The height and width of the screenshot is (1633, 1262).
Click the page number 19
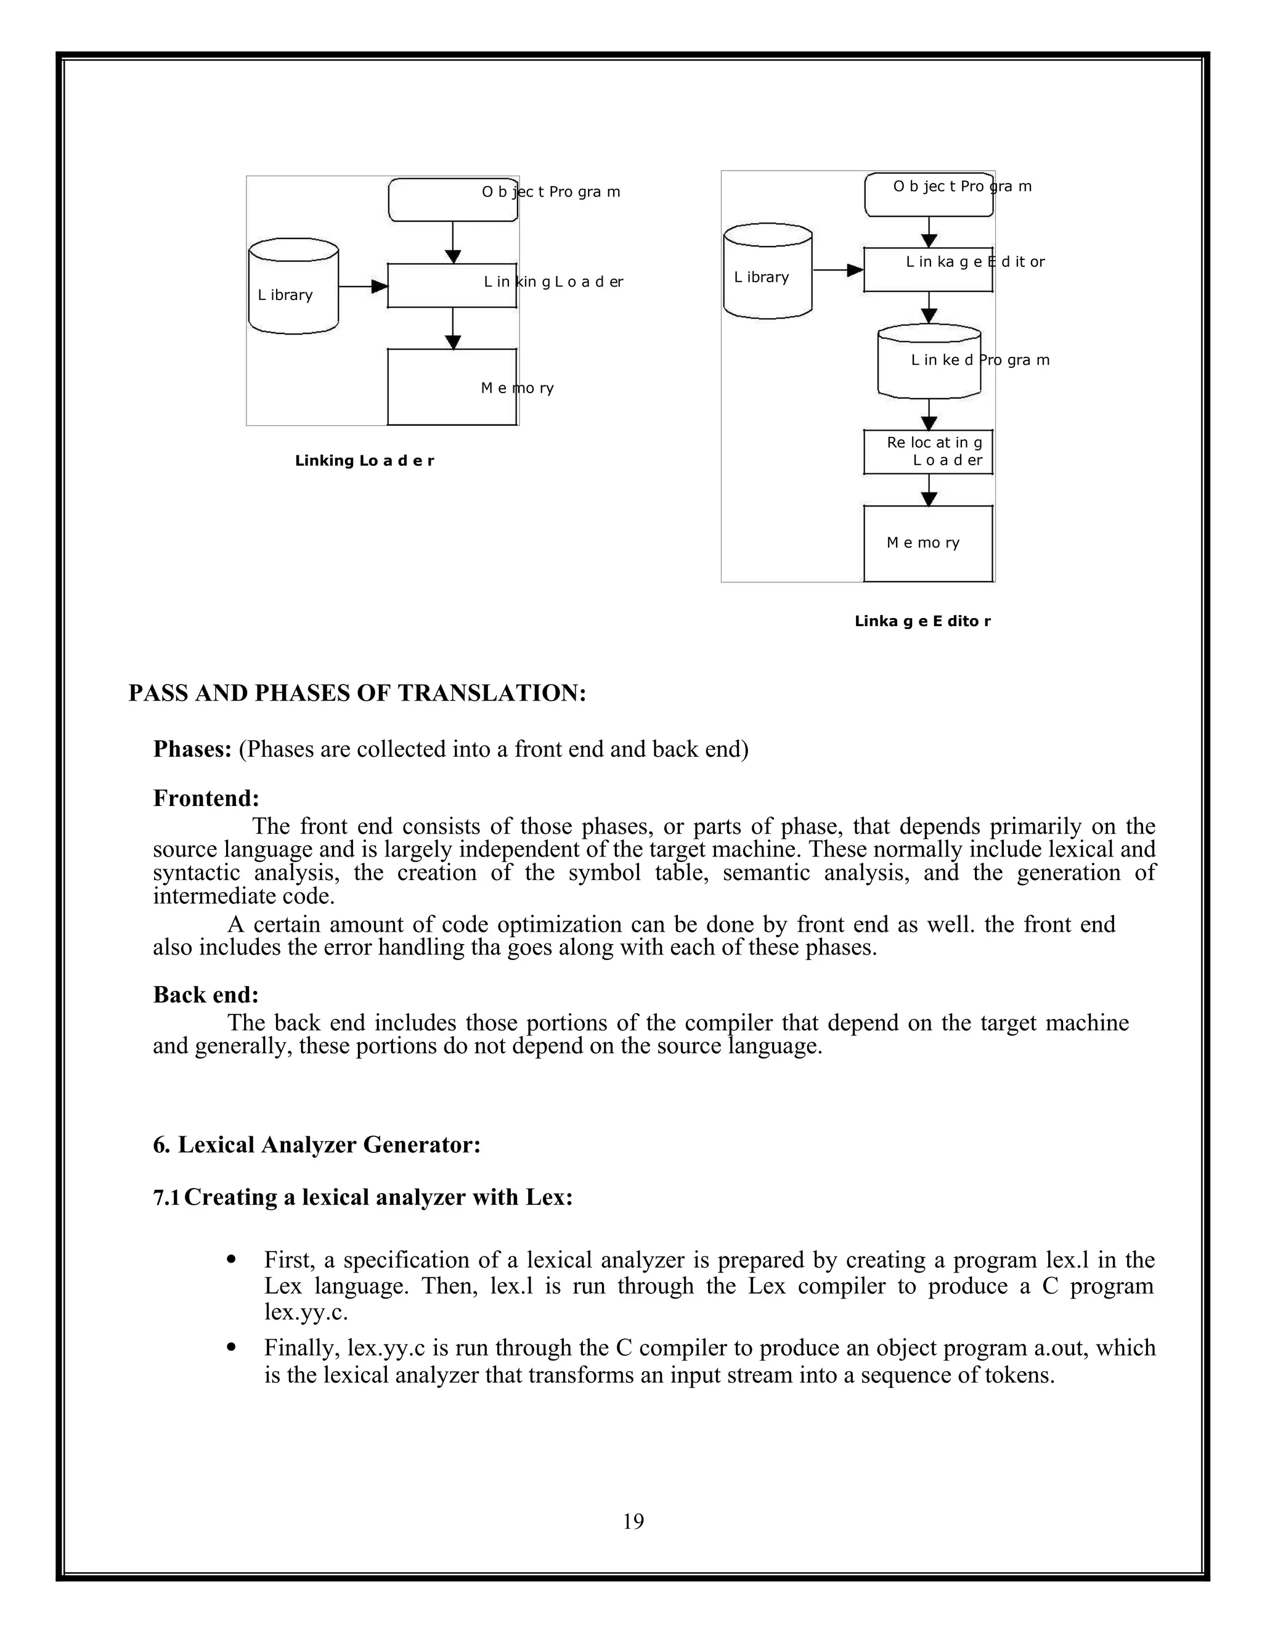point(632,1521)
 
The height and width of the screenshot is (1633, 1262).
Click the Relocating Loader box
point(928,452)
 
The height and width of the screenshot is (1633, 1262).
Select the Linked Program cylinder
point(929,361)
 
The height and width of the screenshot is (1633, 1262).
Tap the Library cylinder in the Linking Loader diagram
point(293,287)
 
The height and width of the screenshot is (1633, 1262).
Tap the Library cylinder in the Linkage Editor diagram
point(768,271)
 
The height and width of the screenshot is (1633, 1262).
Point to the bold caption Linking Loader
point(364,460)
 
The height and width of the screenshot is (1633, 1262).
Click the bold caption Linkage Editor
point(922,621)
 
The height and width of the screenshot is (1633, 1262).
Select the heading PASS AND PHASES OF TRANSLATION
point(357,693)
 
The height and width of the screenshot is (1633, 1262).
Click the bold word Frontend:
point(206,799)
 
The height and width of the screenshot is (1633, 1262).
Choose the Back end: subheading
point(206,995)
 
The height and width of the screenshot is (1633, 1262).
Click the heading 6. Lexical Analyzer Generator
point(316,1145)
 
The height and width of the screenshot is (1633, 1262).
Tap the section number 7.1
point(166,1197)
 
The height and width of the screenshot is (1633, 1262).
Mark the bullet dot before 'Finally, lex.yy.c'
point(231,1347)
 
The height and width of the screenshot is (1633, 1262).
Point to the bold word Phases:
point(192,749)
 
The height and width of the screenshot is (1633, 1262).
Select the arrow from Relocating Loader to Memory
point(929,490)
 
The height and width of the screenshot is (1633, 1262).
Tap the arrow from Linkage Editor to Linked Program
point(929,307)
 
